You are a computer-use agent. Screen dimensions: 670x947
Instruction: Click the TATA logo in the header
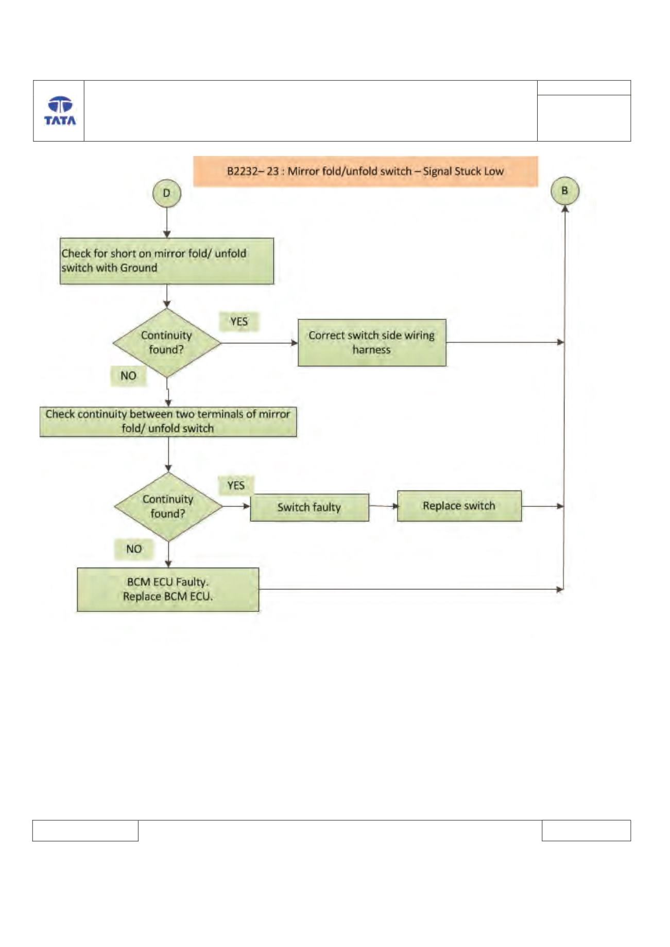pos(60,111)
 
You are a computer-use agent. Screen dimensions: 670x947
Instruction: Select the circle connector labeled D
pos(167,193)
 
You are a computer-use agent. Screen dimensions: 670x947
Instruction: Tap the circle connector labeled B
pos(565,190)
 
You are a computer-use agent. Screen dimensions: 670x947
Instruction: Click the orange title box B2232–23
pos(366,171)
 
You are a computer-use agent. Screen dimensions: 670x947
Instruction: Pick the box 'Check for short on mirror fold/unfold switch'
pos(167,261)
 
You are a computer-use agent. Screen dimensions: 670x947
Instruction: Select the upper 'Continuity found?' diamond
pos(167,343)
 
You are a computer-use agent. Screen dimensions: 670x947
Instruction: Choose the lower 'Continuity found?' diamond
pos(168,506)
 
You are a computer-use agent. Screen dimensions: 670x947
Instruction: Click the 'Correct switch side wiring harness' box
pos(372,343)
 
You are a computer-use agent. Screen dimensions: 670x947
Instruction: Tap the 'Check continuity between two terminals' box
pos(168,422)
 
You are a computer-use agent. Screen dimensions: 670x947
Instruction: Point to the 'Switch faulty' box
pos(310,507)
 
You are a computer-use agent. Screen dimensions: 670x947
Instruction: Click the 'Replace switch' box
pos(459,506)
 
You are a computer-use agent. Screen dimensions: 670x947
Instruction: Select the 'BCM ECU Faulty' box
pos(168,589)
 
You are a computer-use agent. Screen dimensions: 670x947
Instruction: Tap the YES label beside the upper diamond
pos(239,322)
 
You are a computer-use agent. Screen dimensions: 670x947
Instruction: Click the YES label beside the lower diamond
pos(236,485)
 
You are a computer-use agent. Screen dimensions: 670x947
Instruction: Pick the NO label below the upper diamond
pos(129,376)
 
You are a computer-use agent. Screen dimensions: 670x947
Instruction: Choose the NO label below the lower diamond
pos(134,549)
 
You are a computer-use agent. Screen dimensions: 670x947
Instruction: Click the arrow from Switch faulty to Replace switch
pos(384,506)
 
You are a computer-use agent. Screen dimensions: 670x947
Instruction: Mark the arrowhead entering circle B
pos(565,208)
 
